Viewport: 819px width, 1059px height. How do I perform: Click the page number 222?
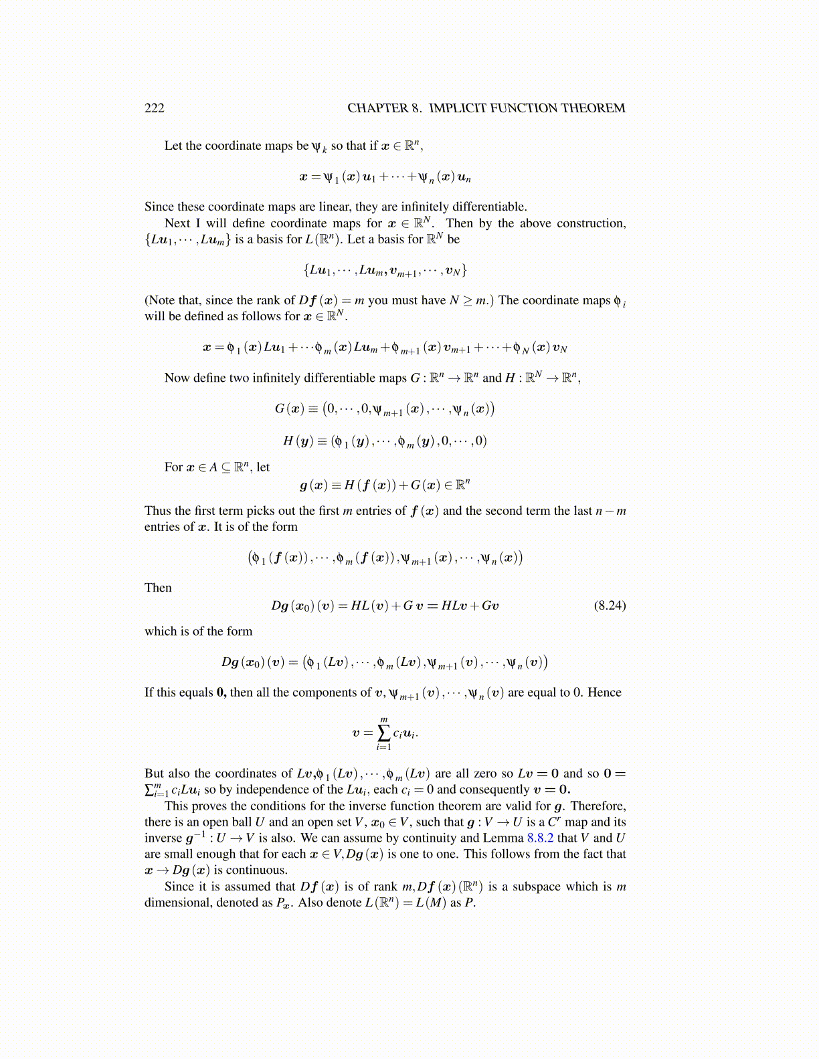point(155,108)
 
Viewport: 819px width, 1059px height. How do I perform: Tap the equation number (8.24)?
point(610,606)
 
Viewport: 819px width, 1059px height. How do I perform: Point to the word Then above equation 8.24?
point(158,588)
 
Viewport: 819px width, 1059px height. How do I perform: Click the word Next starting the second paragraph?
point(177,223)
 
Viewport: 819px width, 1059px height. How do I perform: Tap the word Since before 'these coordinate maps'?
point(159,207)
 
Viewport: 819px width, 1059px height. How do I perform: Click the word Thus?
point(157,511)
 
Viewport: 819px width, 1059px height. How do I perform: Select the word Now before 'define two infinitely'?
point(177,378)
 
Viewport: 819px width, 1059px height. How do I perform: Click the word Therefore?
point(598,806)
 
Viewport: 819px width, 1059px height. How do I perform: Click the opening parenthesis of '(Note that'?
point(147,301)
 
